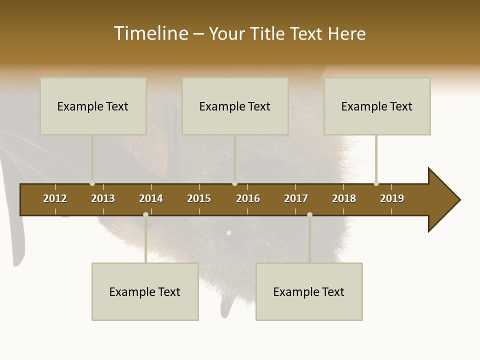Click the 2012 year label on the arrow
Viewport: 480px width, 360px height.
55,198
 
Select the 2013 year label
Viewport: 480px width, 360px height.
103,198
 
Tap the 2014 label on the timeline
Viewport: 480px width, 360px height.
151,198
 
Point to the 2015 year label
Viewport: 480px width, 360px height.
199,198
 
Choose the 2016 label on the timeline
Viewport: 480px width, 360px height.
248,198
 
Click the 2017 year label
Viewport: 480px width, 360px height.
296,198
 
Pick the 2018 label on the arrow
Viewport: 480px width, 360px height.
344,198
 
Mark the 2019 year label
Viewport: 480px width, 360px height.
392,198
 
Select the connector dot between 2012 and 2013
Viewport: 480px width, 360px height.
92,183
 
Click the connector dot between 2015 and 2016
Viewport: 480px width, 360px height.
234,183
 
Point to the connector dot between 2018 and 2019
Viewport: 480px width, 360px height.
376,183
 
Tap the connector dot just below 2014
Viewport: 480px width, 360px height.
145,214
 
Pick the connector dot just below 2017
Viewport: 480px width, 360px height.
309,214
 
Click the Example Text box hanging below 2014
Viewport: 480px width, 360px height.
145,291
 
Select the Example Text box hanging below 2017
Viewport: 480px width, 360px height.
309,291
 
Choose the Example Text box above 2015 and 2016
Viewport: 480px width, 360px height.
235,106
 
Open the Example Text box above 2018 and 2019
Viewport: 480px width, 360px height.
377,106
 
